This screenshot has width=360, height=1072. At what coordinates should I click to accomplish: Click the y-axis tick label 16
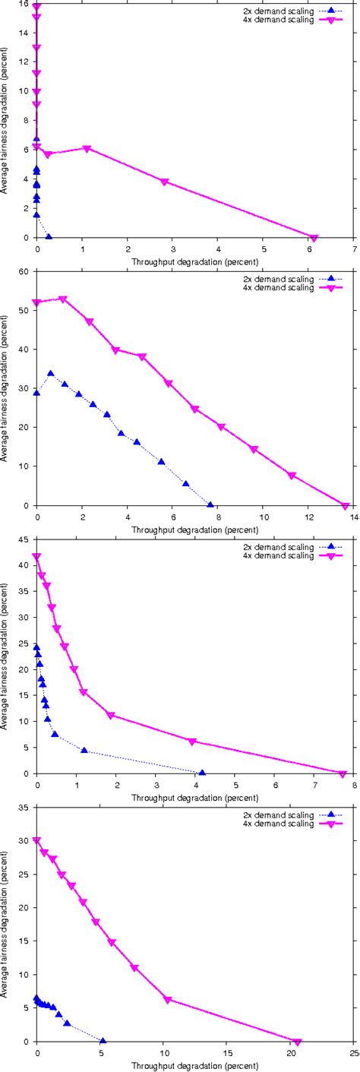26,5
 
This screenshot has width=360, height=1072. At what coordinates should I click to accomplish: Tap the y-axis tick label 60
26,272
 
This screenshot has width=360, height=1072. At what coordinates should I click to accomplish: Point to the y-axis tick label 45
26,540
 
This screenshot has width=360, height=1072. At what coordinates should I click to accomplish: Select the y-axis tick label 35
26,808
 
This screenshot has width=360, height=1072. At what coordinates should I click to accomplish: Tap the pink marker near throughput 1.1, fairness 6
87,148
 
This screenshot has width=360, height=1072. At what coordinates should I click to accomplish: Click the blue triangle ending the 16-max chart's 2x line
49,237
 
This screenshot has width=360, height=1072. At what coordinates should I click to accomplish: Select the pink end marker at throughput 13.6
346,506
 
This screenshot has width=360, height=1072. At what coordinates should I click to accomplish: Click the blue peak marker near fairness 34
51,373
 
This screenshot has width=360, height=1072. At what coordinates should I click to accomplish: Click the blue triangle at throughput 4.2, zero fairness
202,773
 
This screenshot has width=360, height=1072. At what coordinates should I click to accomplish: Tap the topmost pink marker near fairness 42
36,557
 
